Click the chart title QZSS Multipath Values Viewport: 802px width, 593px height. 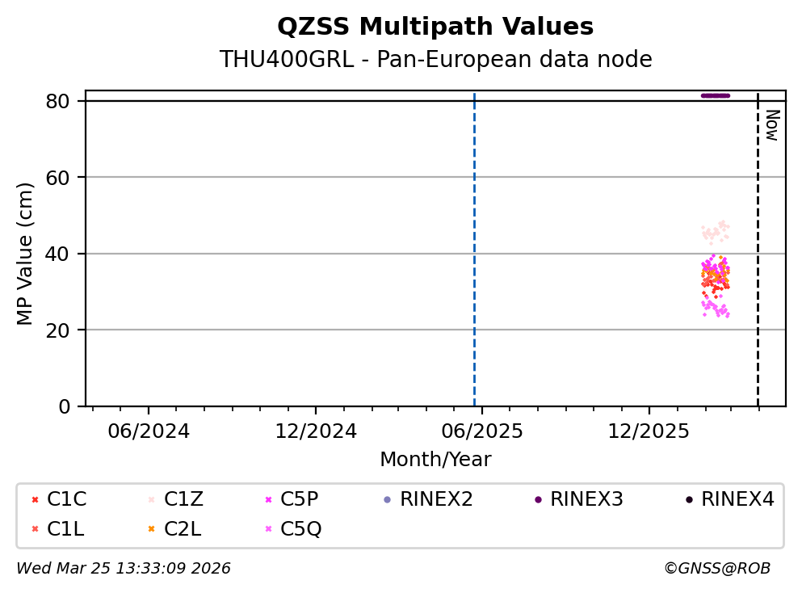pyautogui.click(x=435, y=27)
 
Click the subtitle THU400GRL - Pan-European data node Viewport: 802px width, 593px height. pyautogui.click(x=435, y=60)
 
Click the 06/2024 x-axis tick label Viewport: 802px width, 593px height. pyautogui.click(x=149, y=431)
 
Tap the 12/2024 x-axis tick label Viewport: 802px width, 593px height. pyautogui.click(x=315, y=431)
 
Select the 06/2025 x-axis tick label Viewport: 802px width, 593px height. pyautogui.click(x=481, y=431)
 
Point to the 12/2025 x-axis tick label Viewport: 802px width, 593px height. pyautogui.click(x=648, y=431)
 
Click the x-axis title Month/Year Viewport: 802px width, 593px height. pyautogui.click(x=435, y=460)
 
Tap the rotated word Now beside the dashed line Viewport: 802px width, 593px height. pyautogui.click(x=771, y=125)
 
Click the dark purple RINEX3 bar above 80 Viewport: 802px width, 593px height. pyautogui.click(x=716, y=95)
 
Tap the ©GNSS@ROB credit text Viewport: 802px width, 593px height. pyautogui.click(x=716, y=569)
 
